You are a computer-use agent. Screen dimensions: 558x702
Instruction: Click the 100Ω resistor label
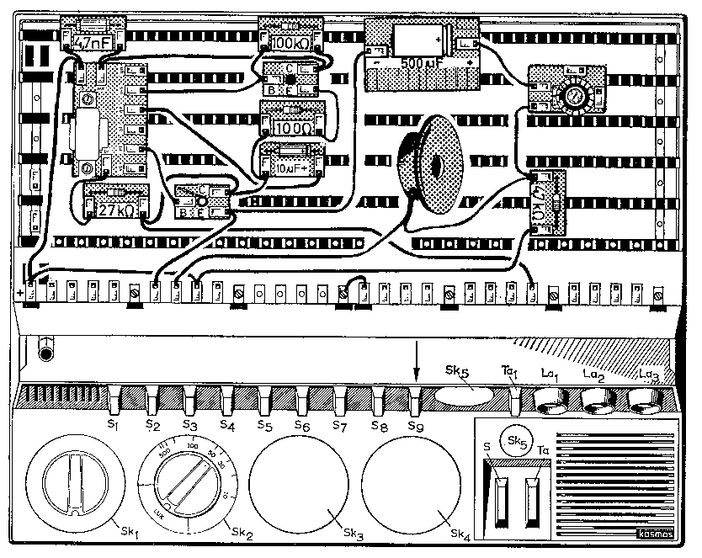click(290, 127)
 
